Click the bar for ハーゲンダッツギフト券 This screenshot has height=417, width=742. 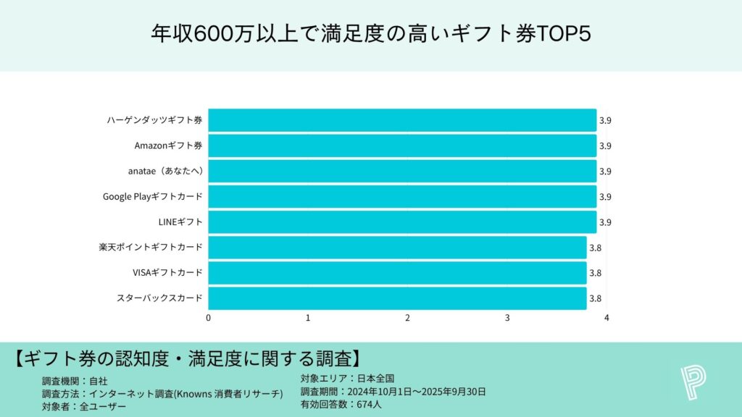pyautogui.click(x=402, y=120)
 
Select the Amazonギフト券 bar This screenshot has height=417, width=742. pyautogui.click(x=402, y=146)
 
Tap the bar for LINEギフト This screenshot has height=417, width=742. pyautogui.click(x=402, y=222)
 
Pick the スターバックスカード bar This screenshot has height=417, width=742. pyautogui.click(x=397, y=298)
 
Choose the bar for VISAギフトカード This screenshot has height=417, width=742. pyautogui.click(x=397, y=273)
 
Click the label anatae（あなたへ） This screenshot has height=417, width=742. pyautogui.click(x=164, y=171)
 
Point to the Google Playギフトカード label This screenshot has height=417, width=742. pyautogui.click(x=152, y=196)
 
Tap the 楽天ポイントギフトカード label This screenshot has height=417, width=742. pyautogui.click(x=151, y=247)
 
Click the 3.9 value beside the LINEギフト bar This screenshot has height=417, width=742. pyautogui.click(x=605, y=222)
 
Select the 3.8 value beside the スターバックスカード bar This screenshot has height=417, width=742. pyautogui.click(x=595, y=298)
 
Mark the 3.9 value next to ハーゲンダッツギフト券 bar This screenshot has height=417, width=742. pyautogui.click(x=605, y=120)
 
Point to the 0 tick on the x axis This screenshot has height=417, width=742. pyautogui.click(x=209, y=318)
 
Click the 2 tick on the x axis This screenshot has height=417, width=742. pyautogui.click(x=408, y=318)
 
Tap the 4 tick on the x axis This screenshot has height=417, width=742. pyautogui.click(x=607, y=318)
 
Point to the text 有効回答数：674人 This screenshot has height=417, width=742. pyautogui.click(x=341, y=405)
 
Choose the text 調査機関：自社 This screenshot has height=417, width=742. pyautogui.click(x=75, y=380)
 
